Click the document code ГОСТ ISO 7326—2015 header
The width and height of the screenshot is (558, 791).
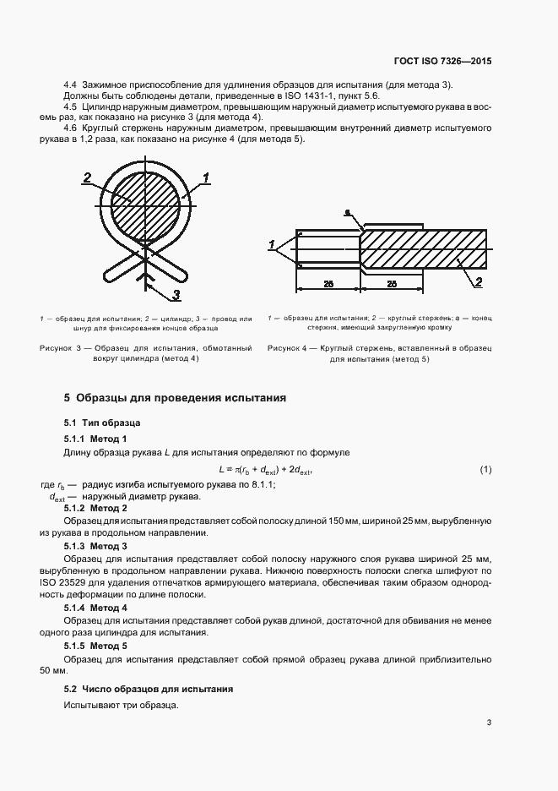click(x=442, y=62)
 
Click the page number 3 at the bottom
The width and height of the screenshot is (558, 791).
click(x=489, y=723)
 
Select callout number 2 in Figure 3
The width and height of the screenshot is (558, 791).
click(x=87, y=177)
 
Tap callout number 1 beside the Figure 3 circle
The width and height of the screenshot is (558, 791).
click(x=205, y=177)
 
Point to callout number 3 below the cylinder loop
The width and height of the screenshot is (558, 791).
click(x=177, y=294)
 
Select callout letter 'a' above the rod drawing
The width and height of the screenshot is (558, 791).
click(x=347, y=214)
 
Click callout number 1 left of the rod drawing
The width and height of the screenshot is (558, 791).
click(x=272, y=245)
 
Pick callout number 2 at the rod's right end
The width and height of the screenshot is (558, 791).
click(x=478, y=281)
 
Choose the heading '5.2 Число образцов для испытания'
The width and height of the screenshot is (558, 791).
click(x=149, y=690)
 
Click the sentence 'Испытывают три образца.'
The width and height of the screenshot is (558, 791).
click(x=119, y=705)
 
